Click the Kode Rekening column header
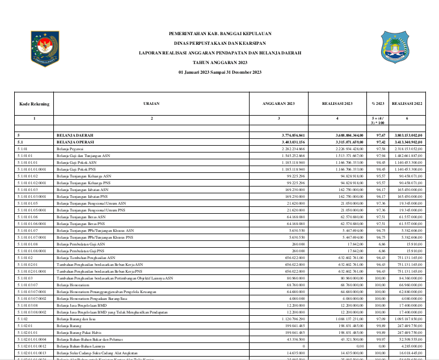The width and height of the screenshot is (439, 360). click(x=34, y=104)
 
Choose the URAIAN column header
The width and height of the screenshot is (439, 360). click(x=151, y=104)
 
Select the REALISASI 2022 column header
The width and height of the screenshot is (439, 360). click(x=407, y=104)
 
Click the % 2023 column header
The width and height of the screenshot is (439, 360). click(x=378, y=104)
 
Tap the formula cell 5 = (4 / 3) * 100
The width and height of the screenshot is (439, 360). click(x=378, y=120)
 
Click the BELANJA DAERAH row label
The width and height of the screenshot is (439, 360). click(x=75, y=135)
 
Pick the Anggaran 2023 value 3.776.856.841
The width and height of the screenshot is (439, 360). click(x=293, y=135)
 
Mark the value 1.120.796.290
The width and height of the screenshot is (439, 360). click(x=294, y=319)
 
